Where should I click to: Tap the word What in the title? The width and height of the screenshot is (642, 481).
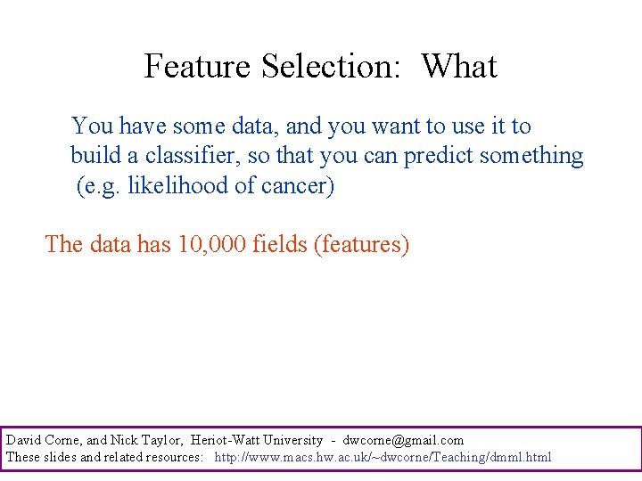(x=458, y=67)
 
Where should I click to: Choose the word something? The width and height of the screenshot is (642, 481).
(x=531, y=156)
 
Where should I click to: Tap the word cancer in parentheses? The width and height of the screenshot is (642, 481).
(x=300, y=187)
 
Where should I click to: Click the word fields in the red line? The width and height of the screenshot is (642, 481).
(x=280, y=244)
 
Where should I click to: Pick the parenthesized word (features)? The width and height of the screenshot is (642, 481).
(x=361, y=244)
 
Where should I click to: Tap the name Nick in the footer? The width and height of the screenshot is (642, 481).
(x=124, y=440)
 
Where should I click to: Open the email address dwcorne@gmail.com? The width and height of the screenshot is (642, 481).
(x=403, y=440)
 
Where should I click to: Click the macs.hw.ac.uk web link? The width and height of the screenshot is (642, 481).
(x=383, y=457)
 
